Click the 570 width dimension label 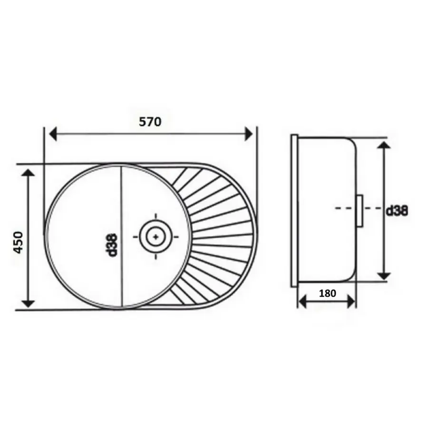150,122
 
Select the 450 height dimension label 19,243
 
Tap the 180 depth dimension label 327,293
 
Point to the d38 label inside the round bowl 112,245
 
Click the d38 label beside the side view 397,211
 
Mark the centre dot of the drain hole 156,237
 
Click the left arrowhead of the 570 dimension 53,134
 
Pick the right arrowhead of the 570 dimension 249,134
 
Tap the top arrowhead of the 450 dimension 28,173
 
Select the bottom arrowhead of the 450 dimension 28,303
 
